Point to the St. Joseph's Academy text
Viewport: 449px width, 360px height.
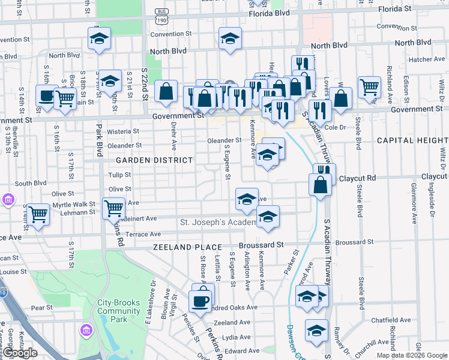218,223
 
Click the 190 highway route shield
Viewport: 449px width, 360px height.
161,20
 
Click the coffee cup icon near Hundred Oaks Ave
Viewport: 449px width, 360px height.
200,301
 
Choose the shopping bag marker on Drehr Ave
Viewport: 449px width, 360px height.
166,92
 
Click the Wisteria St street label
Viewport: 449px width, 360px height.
123,131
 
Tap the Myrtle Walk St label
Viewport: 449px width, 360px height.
74,205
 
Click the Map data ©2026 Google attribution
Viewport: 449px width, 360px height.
411,355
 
